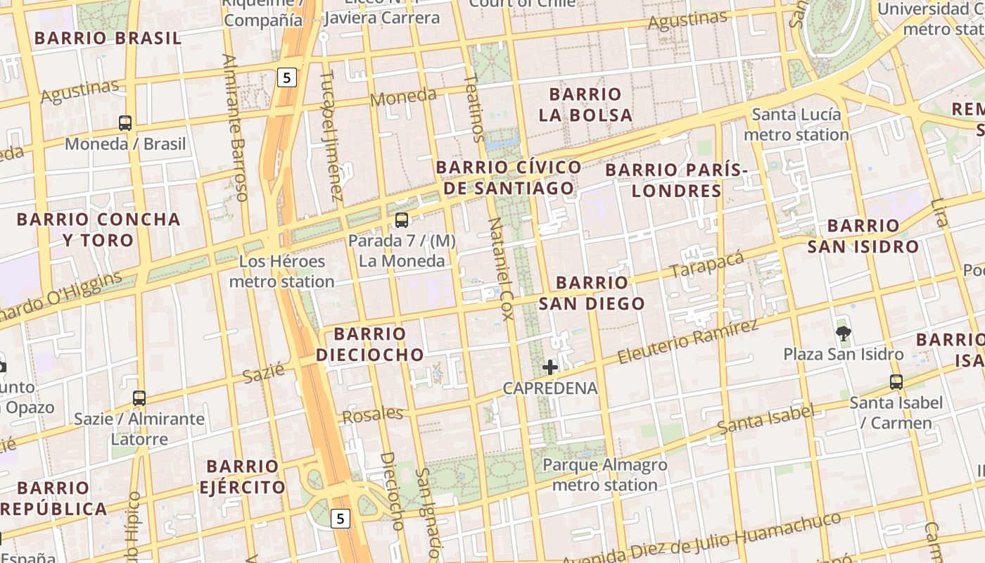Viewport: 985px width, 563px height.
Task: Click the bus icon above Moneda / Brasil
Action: pyautogui.click(x=125, y=123)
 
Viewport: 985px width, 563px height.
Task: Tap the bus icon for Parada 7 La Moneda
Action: pyautogui.click(x=402, y=220)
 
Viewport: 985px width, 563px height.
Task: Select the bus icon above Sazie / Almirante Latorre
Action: pyautogui.click(x=139, y=398)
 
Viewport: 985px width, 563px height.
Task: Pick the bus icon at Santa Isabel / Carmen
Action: pyautogui.click(x=896, y=382)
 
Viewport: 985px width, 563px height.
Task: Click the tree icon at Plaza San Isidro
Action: pyautogui.click(x=843, y=333)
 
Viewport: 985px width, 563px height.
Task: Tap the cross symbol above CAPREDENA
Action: pyautogui.click(x=550, y=367)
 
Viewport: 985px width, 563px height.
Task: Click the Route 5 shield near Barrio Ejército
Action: pyautogui.click(x=341, y=519)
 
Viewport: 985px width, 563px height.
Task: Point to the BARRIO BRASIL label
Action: pyautogui.click(x=108, y=38)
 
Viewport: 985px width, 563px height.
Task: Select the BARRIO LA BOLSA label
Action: pyautogui.click(x=585, y=104)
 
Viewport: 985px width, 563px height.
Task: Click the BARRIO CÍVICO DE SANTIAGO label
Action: pyautogui.click(x=509, y=177)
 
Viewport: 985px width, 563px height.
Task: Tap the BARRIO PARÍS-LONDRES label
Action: pyautogui.click(x=676, y=180)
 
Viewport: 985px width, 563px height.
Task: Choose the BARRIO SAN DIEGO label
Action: pyautogui.click(x=592, y=293)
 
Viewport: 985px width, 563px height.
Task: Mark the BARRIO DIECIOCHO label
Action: pyautogui.click(x=369, y=344)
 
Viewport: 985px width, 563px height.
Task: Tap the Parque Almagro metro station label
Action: pyautogui.click(x=605, y=475)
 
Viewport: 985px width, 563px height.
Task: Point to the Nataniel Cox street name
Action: pyautogui.click(x=502, y=268)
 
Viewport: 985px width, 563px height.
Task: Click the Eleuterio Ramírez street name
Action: pyautogui.click(x=688, y=342)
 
